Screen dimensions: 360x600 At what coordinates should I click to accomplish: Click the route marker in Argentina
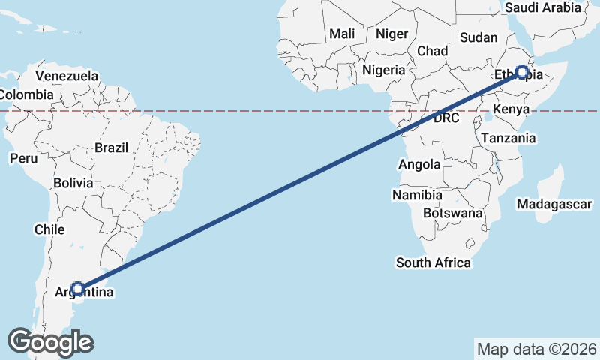coord(77,289)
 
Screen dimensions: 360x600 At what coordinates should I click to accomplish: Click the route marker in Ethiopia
coord(522,73)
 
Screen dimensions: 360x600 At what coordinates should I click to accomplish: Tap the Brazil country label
coord(112,148)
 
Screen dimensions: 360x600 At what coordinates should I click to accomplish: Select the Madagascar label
coord(555,204)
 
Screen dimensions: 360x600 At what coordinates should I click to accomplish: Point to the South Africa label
coord(433,262)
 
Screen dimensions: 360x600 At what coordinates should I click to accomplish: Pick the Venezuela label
coord(67,76)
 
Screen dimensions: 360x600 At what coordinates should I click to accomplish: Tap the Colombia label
coord(26,94)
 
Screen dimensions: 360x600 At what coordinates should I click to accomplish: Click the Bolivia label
coord(73,183)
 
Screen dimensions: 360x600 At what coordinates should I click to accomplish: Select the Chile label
coord(49,229)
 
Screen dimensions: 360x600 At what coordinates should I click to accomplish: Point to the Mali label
coord(342,34)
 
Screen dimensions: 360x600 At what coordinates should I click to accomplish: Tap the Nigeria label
coord(383,70)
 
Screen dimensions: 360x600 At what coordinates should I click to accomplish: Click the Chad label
coord(432,51)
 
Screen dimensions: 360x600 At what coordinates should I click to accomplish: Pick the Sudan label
coord(478,37)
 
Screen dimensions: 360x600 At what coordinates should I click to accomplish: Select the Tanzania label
coord(508,138)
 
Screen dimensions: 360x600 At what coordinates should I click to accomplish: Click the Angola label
coord(421,165)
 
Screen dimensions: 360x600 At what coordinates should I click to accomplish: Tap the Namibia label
coord(417,195)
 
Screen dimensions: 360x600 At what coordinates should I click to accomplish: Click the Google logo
coord(50,342)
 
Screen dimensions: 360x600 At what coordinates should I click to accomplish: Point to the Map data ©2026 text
coord(536,349)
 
